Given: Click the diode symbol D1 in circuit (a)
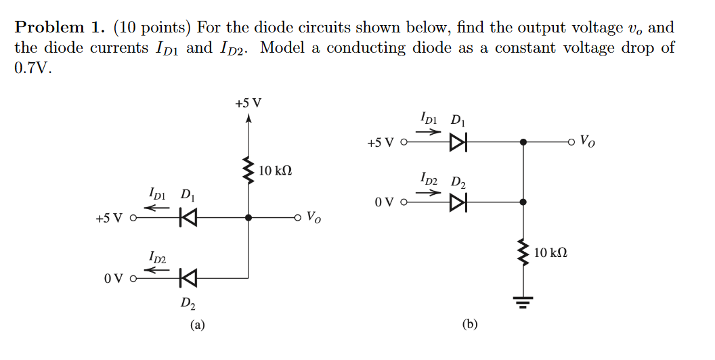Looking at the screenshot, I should click(x=188, y=218).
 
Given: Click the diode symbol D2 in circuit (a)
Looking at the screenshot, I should click(x=188, y=277).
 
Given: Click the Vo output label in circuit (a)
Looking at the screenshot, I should click(x=313, y=218).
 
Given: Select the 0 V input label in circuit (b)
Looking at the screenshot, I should click(x=383, y=202).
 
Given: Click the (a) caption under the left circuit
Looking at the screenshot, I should click(x=196, y=325).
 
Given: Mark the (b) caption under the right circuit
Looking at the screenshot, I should click(x=470, y=325).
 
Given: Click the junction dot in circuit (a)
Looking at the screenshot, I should click(x=248, y=218).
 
